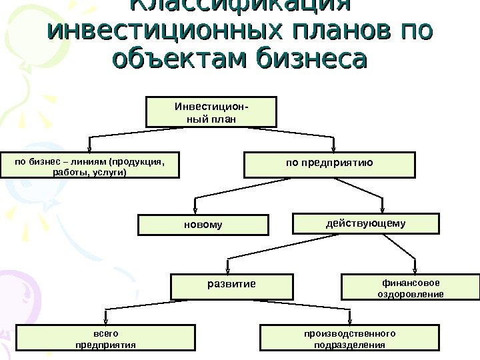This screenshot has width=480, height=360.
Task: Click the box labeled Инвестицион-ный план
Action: pyautogui.click(x=211, y=112)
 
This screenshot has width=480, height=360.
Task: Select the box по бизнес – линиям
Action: pyautogui.click(x=89, y=166)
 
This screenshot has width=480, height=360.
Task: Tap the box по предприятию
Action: pyautogui.click(x=329, y=165)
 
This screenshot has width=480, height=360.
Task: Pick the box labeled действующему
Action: pyautogui.click(x=366, y=223)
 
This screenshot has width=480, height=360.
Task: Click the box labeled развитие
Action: pyautogui.click(x=231, y=287)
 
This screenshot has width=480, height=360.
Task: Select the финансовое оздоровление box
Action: pyautogui.click(x=410, y=287)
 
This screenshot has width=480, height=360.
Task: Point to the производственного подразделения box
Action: pyautogui.click(x=349, y=338)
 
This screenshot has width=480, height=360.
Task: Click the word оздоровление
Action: pyautogui.click(x=410, y=293)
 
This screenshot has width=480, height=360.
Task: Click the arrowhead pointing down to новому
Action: pyautogui.click(x=195, y=209)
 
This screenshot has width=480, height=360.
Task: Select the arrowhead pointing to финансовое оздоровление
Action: pyautogui.click(x=415, y=269)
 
